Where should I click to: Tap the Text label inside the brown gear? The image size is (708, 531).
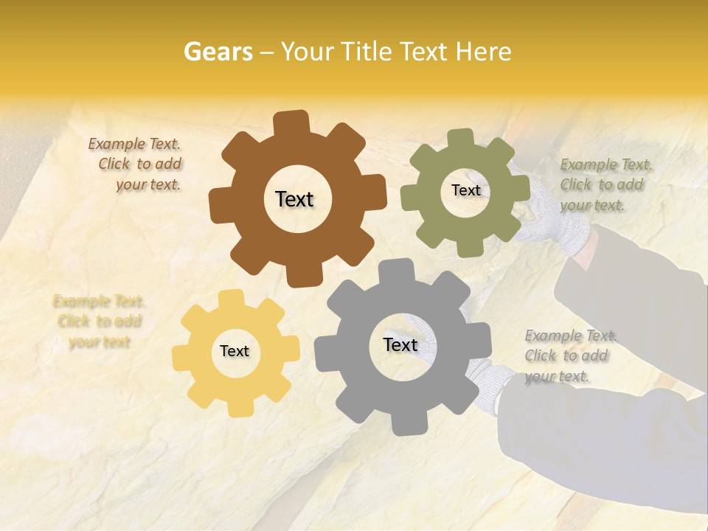pos(294,199)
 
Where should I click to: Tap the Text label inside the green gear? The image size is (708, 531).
pos(465,190)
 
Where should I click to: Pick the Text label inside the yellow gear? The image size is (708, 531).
pos(235,351)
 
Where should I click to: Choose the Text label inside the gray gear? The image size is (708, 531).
pos(400,345)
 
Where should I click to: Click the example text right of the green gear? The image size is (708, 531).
pos(605,184)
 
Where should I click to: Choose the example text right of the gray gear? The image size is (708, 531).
pos(569,355)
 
